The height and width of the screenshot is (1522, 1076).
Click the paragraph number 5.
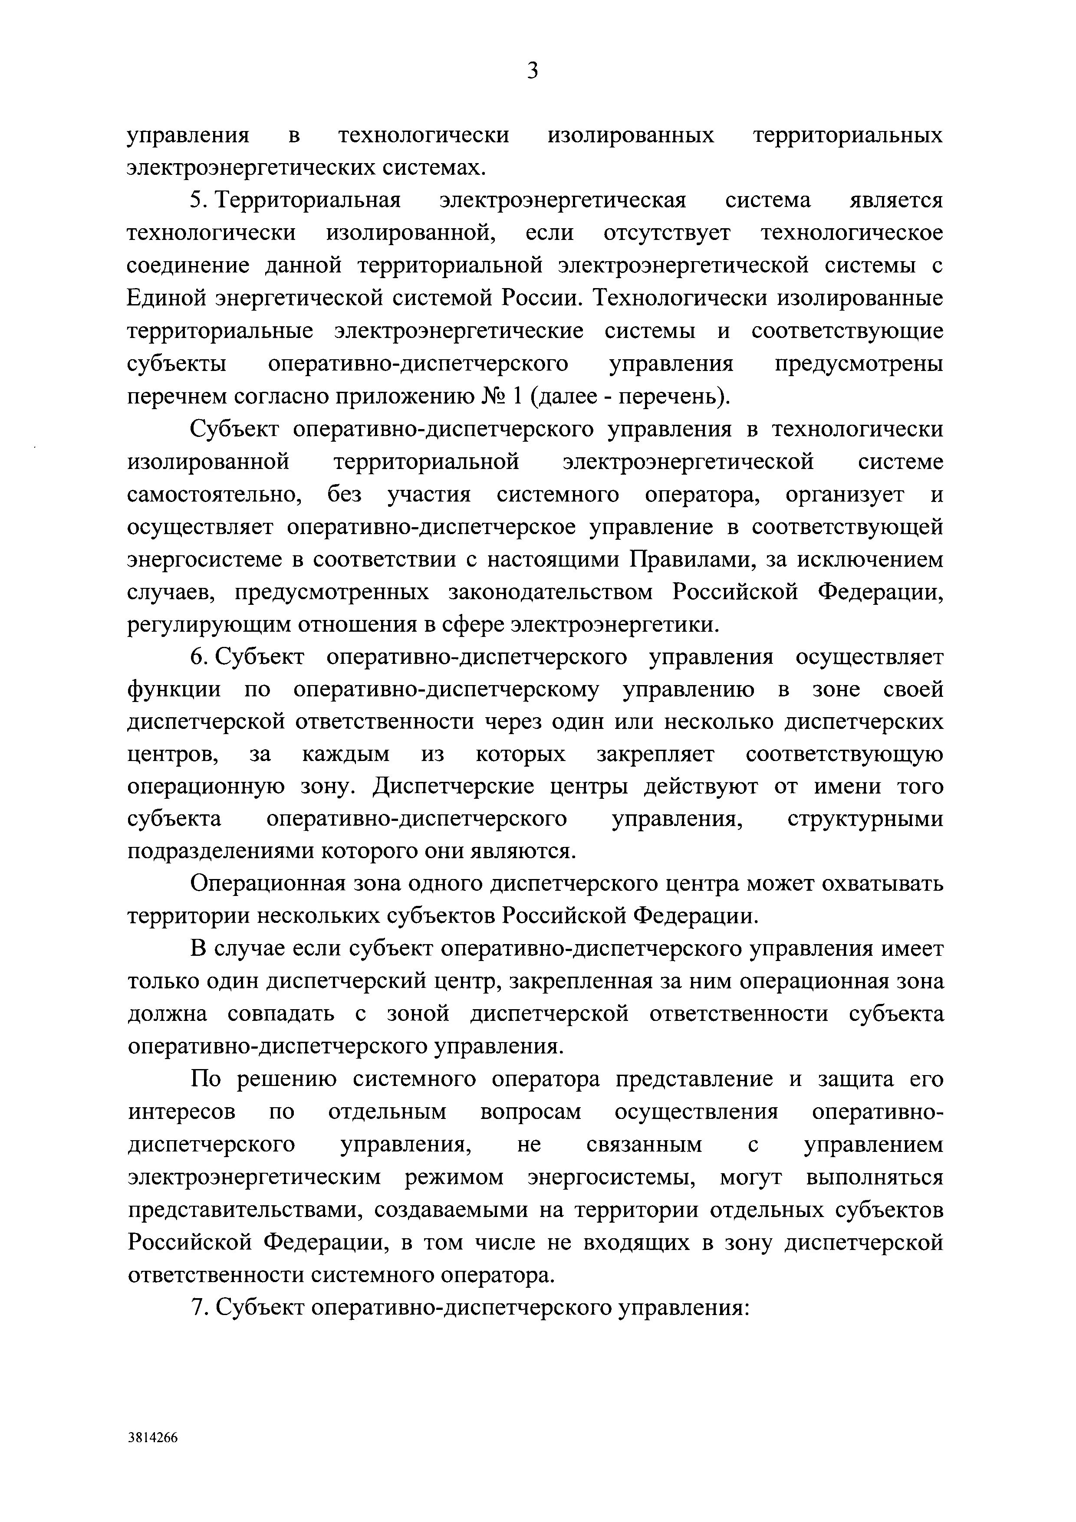[196, 200]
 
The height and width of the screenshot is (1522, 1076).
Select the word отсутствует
[667, 233]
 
